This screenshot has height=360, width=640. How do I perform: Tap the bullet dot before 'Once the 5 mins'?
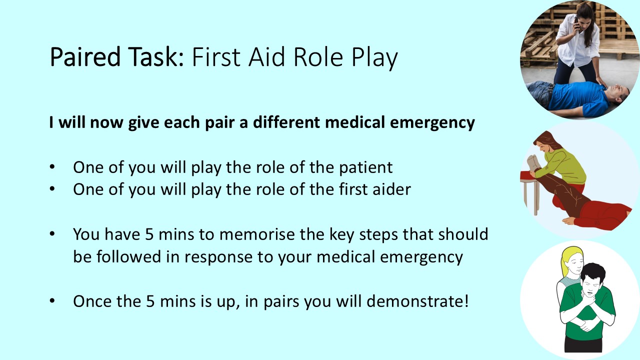coord(52,301)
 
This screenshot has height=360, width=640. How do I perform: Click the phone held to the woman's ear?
coord(576,22)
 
